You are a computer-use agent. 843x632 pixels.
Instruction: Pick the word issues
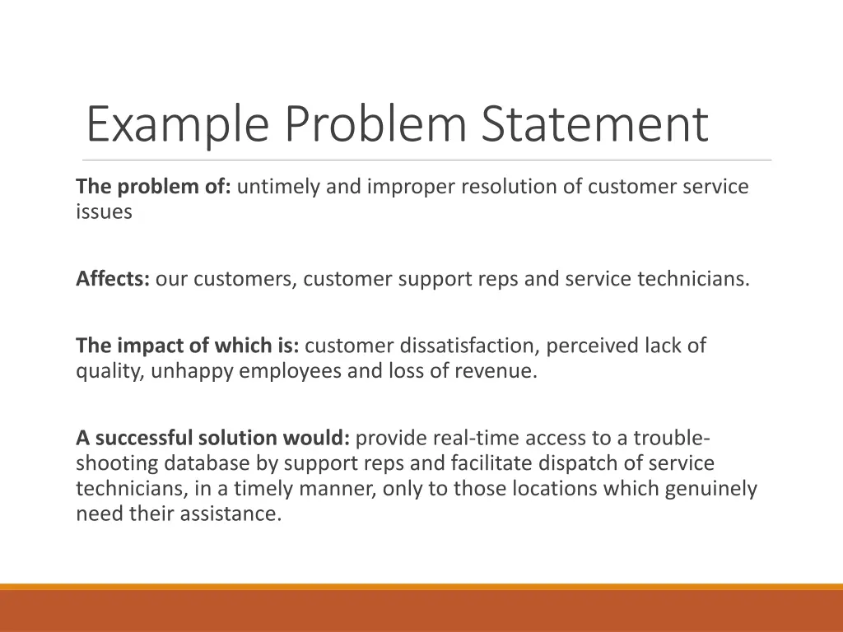pyautogui.click(x=104, y=212)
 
